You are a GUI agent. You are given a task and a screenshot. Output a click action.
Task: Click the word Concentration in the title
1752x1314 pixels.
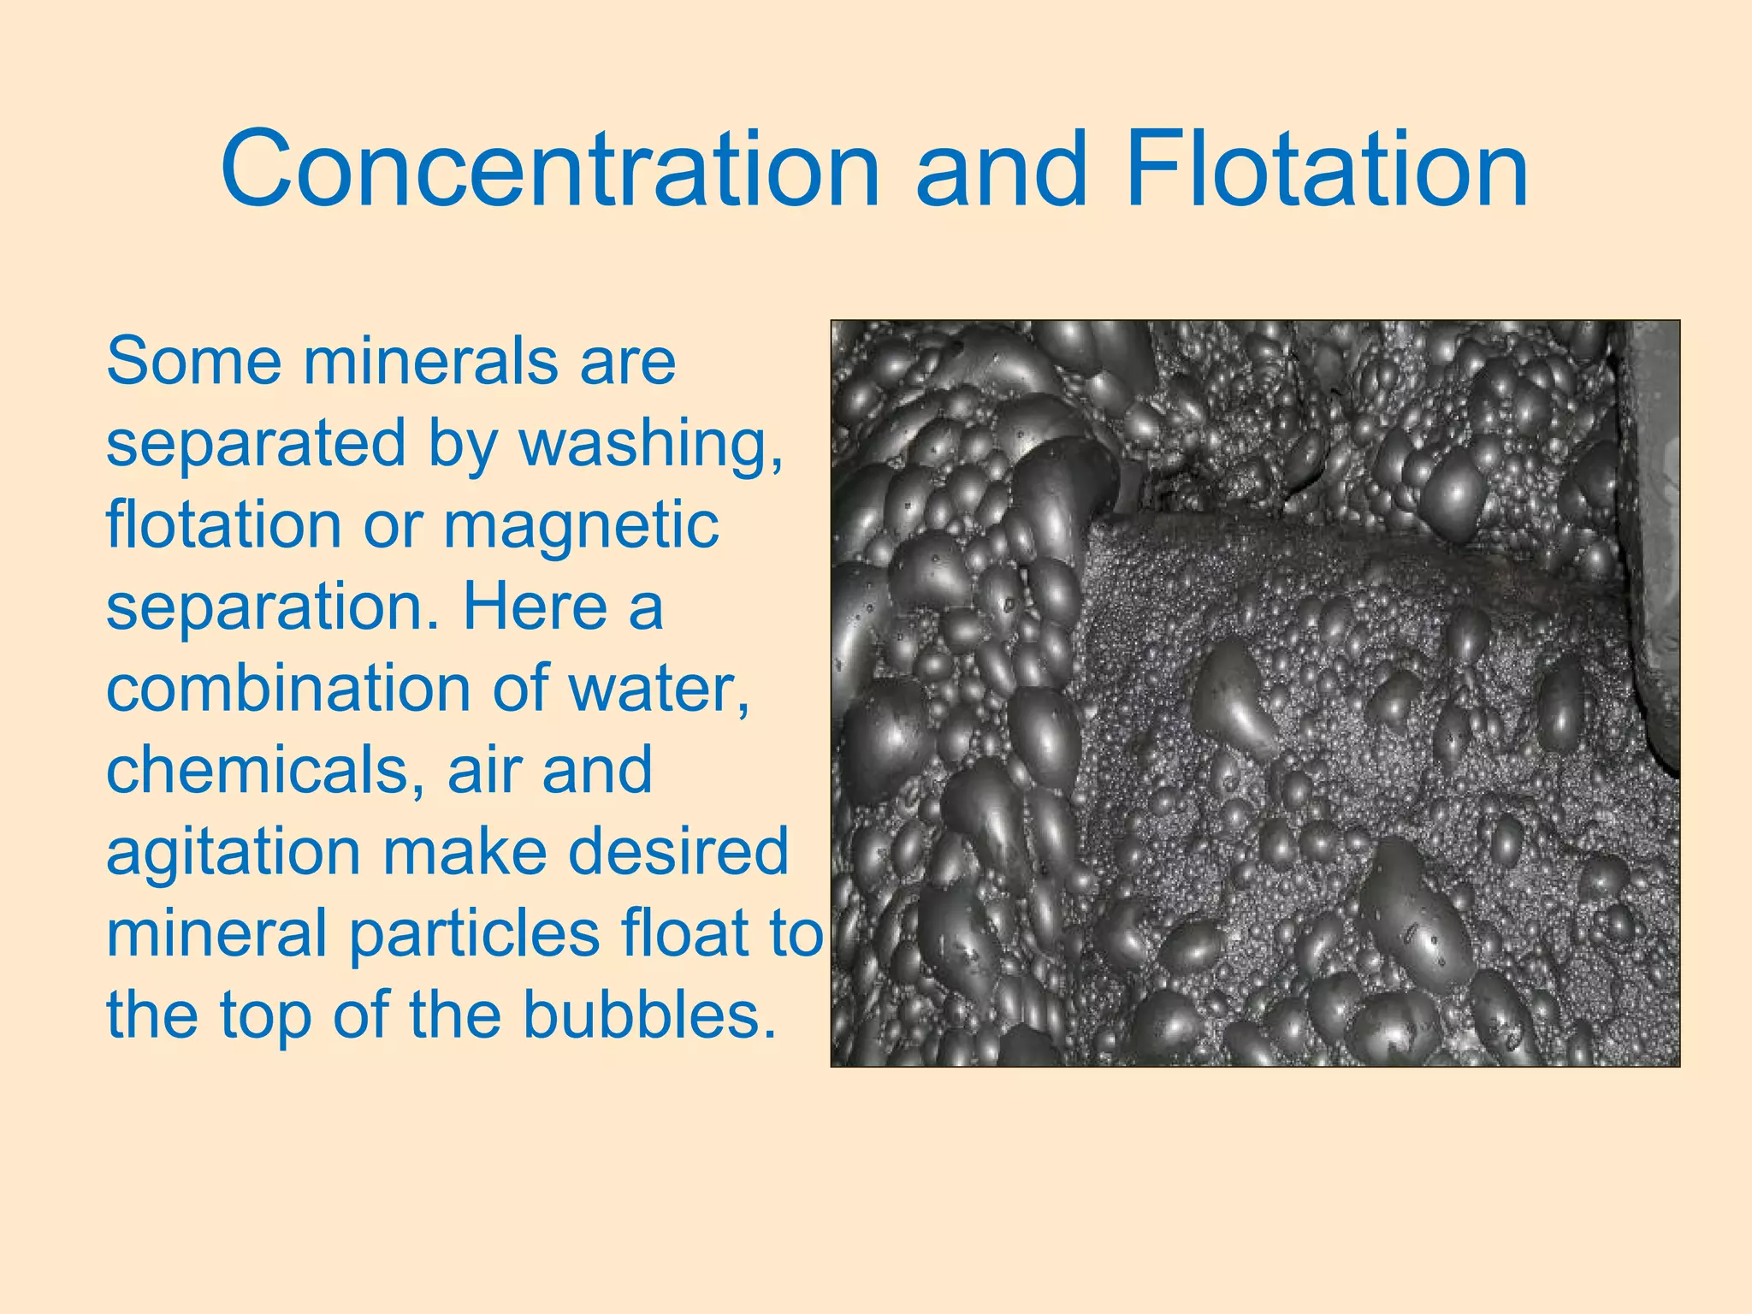click(550, 169)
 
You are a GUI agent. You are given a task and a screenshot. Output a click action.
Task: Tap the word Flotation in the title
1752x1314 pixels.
click(1327, 169)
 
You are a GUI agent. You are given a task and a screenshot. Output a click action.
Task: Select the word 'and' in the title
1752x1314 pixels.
click(1002, 169)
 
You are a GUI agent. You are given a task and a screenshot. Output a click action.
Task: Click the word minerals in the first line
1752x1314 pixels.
click(429, 362)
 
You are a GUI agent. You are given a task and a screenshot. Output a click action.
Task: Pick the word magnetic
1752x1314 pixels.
click(581, 526)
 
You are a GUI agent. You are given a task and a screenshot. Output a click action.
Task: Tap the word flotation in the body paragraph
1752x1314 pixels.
click(223, 524)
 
